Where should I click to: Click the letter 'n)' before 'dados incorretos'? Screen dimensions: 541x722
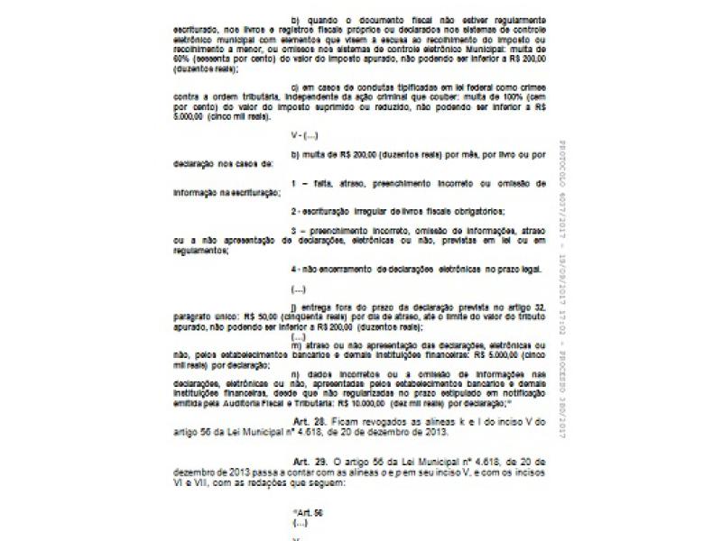[x=295, y=372]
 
